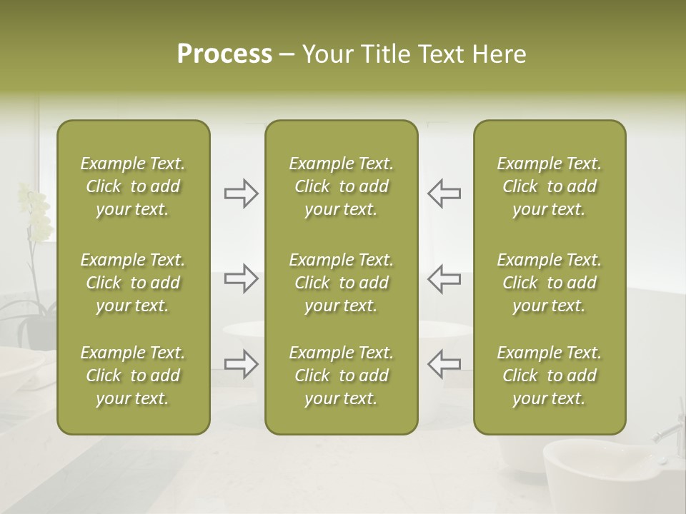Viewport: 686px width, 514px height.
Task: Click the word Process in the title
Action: point(224,54)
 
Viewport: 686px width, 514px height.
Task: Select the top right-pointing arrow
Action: point(241,193)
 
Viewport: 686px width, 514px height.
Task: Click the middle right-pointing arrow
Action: point(241,278)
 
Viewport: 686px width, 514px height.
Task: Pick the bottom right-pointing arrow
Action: point(241,364)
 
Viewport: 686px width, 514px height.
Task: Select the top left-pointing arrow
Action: point(444,193)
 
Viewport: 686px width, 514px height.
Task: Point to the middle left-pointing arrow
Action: point(444,278)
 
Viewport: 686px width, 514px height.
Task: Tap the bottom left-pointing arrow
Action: point(444,364)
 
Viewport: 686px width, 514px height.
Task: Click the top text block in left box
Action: point(133,186)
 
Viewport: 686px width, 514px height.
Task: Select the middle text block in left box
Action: point(133,283)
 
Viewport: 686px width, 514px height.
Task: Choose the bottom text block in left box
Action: point(133,376)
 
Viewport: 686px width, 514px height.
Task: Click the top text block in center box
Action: point(341,186)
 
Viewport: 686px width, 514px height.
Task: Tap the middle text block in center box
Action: point(341,283)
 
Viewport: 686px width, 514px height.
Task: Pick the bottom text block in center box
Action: point(341,376)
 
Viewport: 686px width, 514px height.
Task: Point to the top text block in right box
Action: point(549,186)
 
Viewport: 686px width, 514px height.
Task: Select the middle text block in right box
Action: point(549,283)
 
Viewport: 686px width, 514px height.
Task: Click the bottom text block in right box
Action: point(549,376)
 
